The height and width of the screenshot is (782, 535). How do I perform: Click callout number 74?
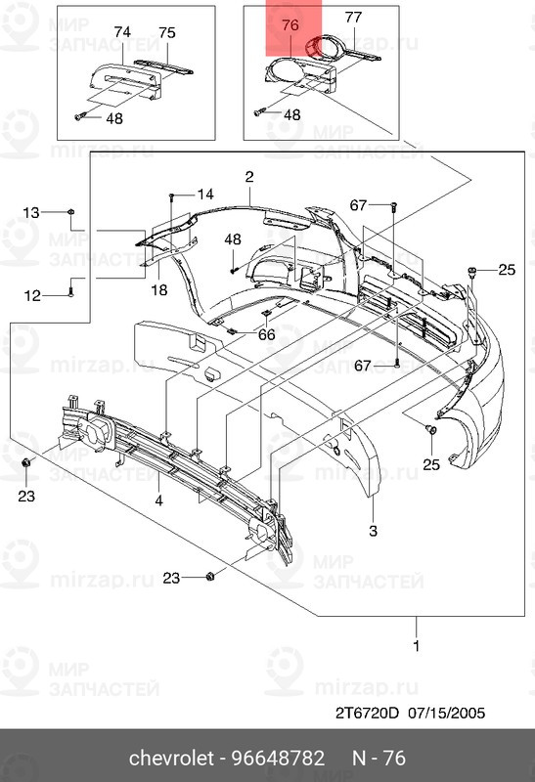click(x=122, y=32)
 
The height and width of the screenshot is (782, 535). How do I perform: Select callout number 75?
click(x=167, y=33)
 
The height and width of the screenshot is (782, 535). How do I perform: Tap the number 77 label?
click(x=353, y=18)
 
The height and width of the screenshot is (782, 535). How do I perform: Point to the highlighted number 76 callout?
click(x=290, y=25)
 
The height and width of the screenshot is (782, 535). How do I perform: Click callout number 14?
click(x=205, y=194)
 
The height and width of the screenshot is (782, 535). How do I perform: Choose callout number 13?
click(x=31, y=213)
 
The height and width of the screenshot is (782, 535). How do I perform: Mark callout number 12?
click(x=32, y=296)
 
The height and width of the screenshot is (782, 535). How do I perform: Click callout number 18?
click(x=159, y=289)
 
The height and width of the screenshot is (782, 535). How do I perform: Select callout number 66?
click(x=266, y=334)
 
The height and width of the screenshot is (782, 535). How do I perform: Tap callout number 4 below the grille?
click(x=158, y=500)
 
